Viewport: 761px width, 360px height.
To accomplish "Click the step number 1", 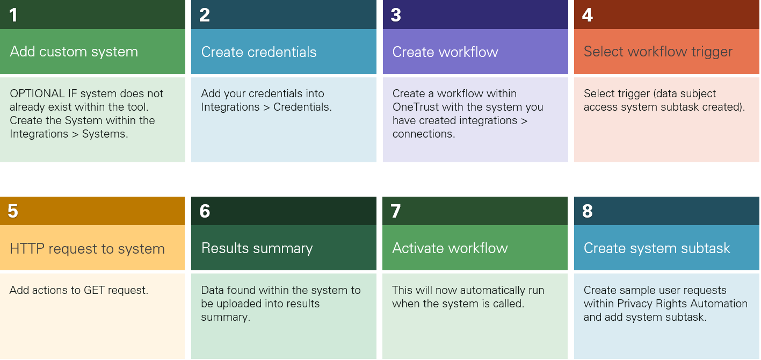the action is point(13,15).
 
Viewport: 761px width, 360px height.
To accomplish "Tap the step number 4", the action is point(588,15).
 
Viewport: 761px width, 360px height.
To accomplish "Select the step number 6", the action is point(205,211).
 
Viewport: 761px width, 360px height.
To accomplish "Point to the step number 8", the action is point(588,211).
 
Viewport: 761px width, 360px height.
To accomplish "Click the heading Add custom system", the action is point(74,52).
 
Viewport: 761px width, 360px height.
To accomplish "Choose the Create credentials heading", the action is point(258,52).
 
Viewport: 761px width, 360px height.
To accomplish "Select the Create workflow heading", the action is point(445,52).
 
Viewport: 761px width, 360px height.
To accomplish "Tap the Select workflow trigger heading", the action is point(658,52).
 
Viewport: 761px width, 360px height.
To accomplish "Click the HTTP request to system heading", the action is point(87,248).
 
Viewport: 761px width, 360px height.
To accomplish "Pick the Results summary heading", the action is point(257,248).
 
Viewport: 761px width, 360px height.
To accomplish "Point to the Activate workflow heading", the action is point(450,248).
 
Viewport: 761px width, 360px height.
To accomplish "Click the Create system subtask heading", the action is point(657,248).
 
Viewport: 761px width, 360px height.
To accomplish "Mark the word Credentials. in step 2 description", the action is point(302,107).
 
